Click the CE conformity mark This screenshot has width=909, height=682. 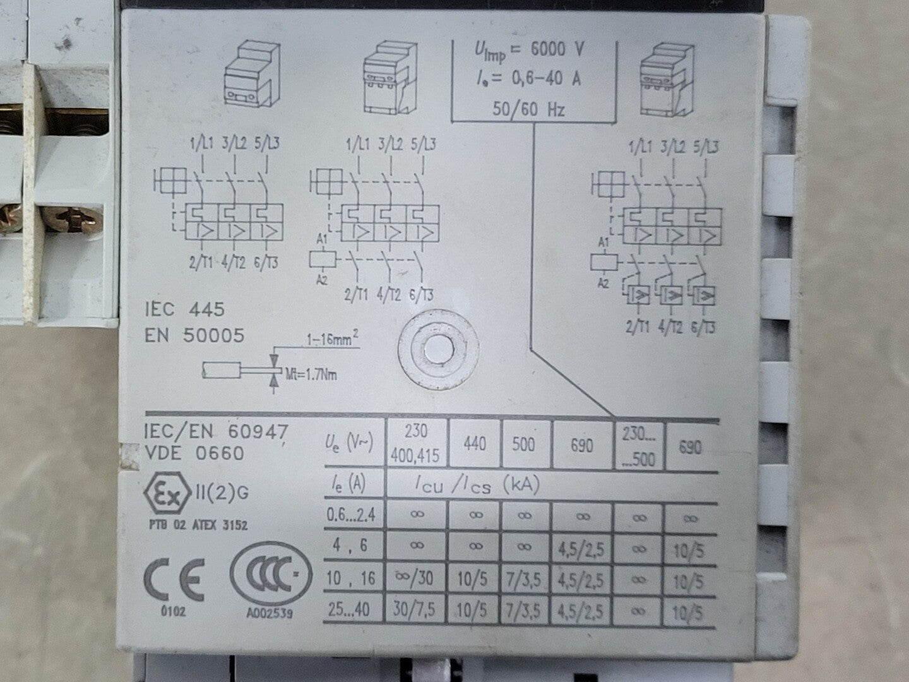click(x=174, y=579)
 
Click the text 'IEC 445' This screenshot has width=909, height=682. click(x=185, y=309)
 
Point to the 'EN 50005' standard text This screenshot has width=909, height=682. click(x=194, y=335)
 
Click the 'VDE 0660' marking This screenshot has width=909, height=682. click(x=194, y=453)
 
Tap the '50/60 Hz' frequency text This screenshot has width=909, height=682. click(x=528, y=109)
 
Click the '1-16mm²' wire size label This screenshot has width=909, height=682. click(x=332, y=339)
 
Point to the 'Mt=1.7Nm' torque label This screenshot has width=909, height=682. click(x=311, y=375)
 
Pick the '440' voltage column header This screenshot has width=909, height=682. click(x=475, y=444)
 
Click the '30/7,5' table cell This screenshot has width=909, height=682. click(x=415, y=609)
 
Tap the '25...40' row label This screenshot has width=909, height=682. click(x=348, y=609)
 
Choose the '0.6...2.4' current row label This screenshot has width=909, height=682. click(x=351, y=515)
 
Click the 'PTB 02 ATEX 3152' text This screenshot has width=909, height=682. click(x=198, y=525)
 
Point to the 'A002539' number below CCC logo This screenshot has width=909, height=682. click(x=270, y=613)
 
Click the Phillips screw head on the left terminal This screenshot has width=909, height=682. click(x=73, y=218)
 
